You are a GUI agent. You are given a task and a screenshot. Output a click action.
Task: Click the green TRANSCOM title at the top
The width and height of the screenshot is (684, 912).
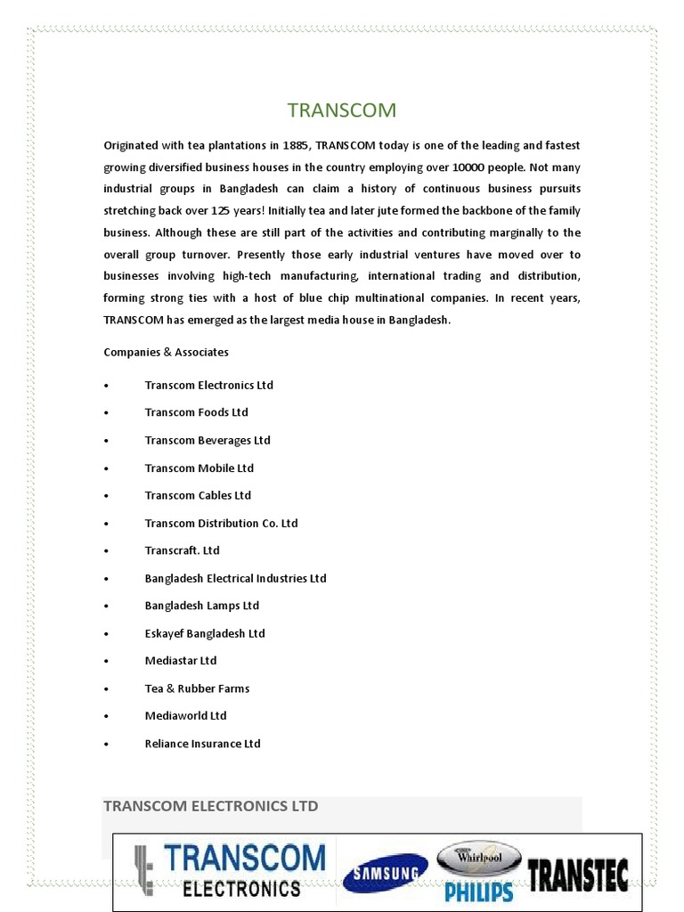click(x=341, y=110)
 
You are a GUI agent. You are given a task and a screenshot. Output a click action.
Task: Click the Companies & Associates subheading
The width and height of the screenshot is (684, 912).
click(x=166, y=352)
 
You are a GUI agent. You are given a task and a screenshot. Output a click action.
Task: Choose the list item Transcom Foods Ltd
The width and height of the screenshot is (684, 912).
click(x=196, y=412)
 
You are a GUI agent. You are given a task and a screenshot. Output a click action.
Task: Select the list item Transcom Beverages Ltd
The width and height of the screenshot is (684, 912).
click(x=207, y=440)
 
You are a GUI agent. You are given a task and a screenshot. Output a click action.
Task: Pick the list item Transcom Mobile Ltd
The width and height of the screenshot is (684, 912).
click(x=199, y=468)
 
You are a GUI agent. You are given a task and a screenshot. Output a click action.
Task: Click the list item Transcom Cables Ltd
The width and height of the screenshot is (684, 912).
click(x=198, y=495)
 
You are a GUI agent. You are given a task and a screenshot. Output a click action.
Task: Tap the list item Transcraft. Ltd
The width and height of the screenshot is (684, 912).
click(x=182, y=550)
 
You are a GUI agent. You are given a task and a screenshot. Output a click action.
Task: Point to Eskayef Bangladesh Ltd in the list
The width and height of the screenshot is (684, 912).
click(x=205, y=633)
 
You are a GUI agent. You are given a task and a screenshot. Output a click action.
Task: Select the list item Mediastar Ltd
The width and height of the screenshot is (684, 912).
click(x=181, y=661)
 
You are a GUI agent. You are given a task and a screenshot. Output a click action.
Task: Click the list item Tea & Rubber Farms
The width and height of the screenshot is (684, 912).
click(x=197, y=688)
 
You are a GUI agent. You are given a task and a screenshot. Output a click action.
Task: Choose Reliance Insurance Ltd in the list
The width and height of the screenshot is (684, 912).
click(x=202, y=744)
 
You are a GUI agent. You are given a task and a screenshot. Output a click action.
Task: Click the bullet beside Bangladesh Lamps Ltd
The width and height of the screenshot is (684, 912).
click(x=106, y=607)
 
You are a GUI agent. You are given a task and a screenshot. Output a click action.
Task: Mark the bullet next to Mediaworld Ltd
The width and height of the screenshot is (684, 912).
click(x=106, y=717)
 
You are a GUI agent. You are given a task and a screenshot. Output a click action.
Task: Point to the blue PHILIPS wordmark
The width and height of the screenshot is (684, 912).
click(x=480, y=892)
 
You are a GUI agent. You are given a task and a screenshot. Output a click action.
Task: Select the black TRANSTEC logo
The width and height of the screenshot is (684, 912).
click(x=578, y=875)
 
